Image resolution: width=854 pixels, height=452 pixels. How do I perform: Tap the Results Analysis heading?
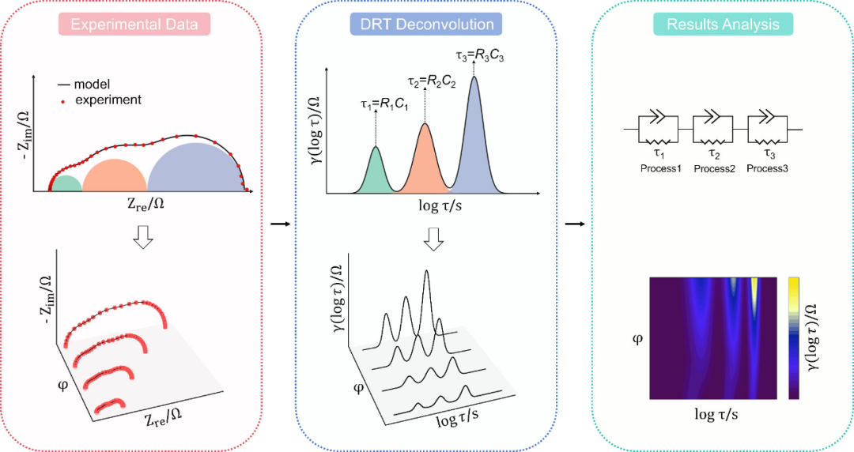coord(723,24)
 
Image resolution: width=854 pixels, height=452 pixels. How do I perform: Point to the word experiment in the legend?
coord(109,100)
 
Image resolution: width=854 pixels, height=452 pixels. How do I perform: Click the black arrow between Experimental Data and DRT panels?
coord(278,224)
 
